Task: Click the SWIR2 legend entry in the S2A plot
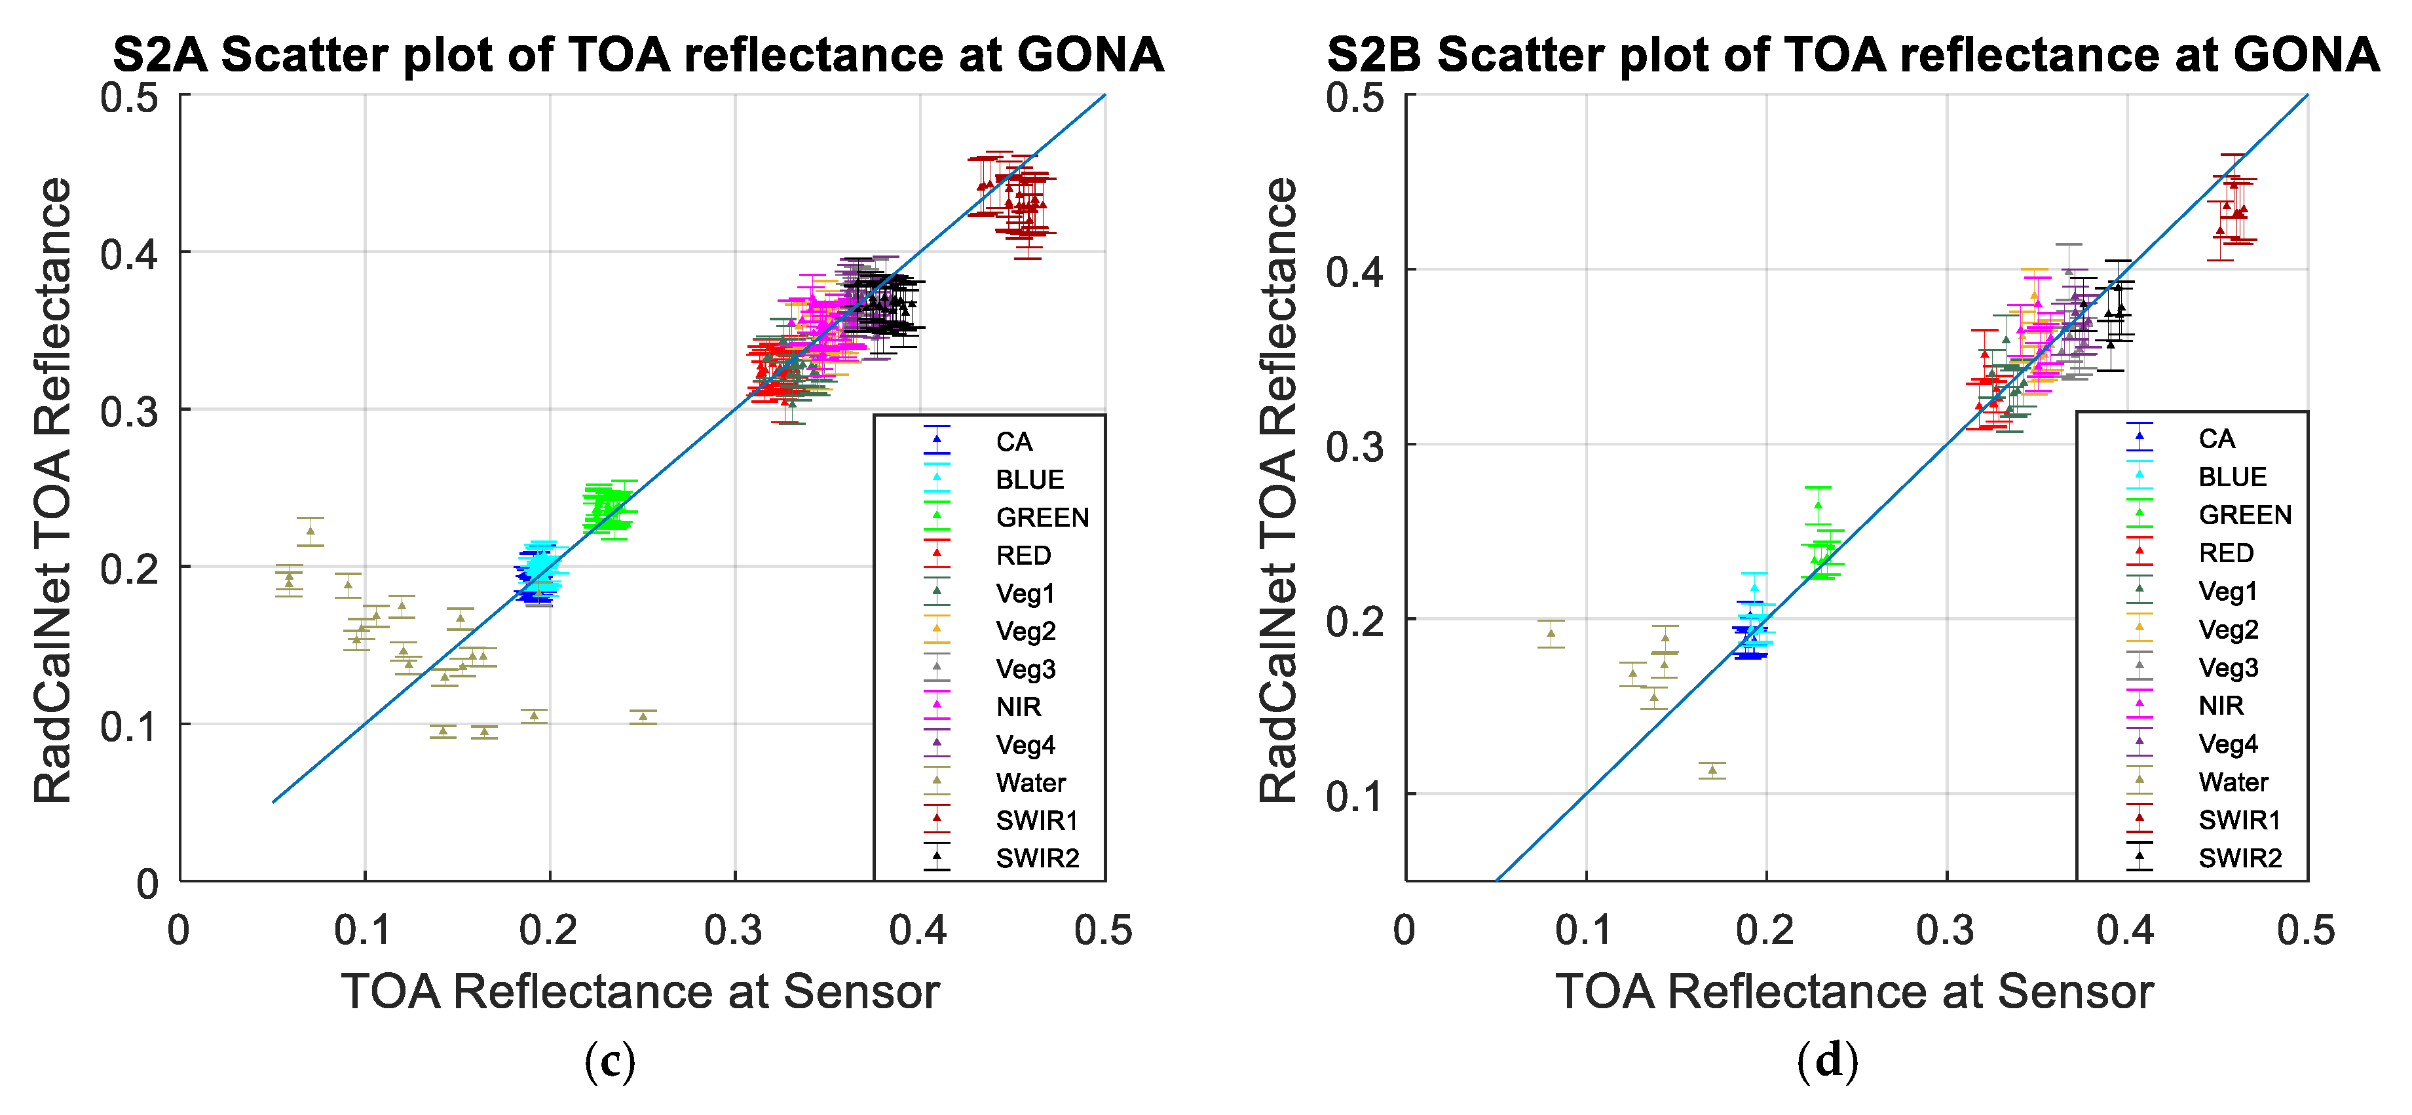[x=1036, y=858]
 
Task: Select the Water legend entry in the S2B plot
[x=2233, y=782]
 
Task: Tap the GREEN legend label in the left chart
[x=1041, y=517]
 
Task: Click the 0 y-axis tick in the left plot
[x=148, y=883]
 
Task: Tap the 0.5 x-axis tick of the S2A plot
[x=1103, y=930]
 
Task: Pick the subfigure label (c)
[x=610, y=1062]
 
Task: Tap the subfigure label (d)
[x=1828, y=1062]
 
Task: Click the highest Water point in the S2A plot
[x=311, y=531]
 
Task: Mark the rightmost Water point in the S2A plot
[x=643, y=716]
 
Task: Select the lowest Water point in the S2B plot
[x=1712, y=770]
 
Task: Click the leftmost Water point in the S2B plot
[x=1551, y=633]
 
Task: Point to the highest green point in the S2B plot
[x=1817, y=504]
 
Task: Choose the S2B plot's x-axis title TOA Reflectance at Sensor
[x=1854, y=991]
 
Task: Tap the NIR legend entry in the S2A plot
[x=1018, y=707]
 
